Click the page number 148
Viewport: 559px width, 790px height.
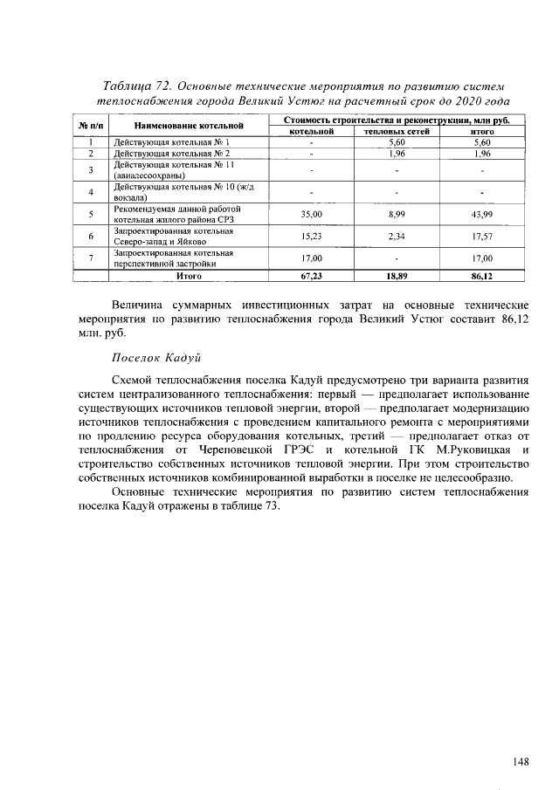[x=521, y=761]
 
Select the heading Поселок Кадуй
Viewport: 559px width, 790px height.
[x=156, y=358]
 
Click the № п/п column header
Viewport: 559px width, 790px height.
[x=90, y=126]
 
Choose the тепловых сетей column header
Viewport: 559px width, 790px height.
[x=395, y=131]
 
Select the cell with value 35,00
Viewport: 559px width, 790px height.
[x=312, y=214]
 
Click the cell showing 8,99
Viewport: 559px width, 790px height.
[x=395, y=214]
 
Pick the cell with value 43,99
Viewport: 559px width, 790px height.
[x=481, y=214]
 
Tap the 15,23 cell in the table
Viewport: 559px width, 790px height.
[x=312, y=237]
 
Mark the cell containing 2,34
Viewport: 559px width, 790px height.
[x=395, y=237]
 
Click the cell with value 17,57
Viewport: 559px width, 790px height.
[x=481, y=237]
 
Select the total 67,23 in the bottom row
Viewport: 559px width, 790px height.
[x=312, y=275]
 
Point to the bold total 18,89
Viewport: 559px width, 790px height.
[x=395, y=275]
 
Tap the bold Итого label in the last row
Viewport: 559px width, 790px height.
[x=189, y=275]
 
